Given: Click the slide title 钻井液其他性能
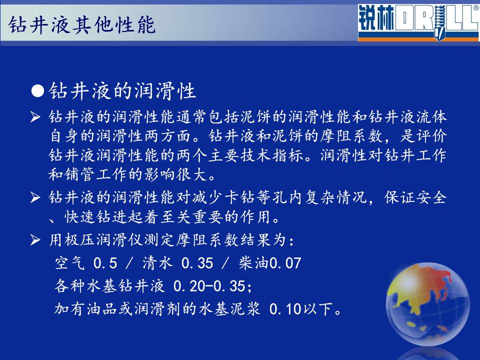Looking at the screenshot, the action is [81, 25].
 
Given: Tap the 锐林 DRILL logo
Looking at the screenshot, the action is [418, 22].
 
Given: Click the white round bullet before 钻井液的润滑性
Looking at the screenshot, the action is [37, 91].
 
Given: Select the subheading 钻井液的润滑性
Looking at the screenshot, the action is [122, 90].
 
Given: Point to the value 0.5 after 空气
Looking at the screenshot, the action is [105, 263].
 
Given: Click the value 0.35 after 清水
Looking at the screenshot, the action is [197, 263].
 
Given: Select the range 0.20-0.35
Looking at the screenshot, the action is [212, 286].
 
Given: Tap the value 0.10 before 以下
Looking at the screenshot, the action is [285, 309].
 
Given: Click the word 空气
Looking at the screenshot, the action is [70, 263].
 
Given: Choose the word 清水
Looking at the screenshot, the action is [157, 263].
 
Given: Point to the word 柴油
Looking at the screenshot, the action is [254, 263].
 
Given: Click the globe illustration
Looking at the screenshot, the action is [427, 304].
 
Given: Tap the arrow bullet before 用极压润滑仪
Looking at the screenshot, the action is [35, 240].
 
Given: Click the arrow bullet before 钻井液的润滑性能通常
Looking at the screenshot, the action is [35, 117].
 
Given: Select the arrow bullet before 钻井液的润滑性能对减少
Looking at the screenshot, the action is [35, 197].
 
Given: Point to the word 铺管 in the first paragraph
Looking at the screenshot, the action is [80, 174].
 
